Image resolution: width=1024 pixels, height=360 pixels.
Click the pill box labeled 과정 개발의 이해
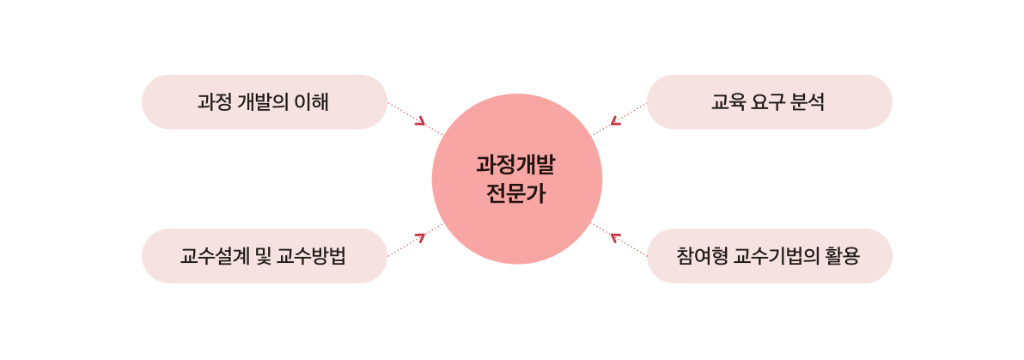click(x=264, y=102)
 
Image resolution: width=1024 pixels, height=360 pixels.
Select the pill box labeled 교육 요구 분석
click(x=769, y=102)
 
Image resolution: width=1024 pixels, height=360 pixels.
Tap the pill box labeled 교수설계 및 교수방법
click(x=264, y=256)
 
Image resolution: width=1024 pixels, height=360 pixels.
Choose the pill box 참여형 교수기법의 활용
click(x=769, y=256)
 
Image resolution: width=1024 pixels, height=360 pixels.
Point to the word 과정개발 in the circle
click(x=516, y=166)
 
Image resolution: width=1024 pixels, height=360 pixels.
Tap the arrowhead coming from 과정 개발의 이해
click(x=420, y=121)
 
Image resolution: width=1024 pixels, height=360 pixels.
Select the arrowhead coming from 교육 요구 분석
click(x=614, y=121)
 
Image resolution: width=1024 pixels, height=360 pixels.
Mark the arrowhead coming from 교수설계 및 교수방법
click(x=420, y=237)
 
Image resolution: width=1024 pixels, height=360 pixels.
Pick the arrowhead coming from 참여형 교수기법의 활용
click(x=614, y=237)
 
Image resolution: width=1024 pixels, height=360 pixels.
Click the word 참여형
click(x=700, y=256)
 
